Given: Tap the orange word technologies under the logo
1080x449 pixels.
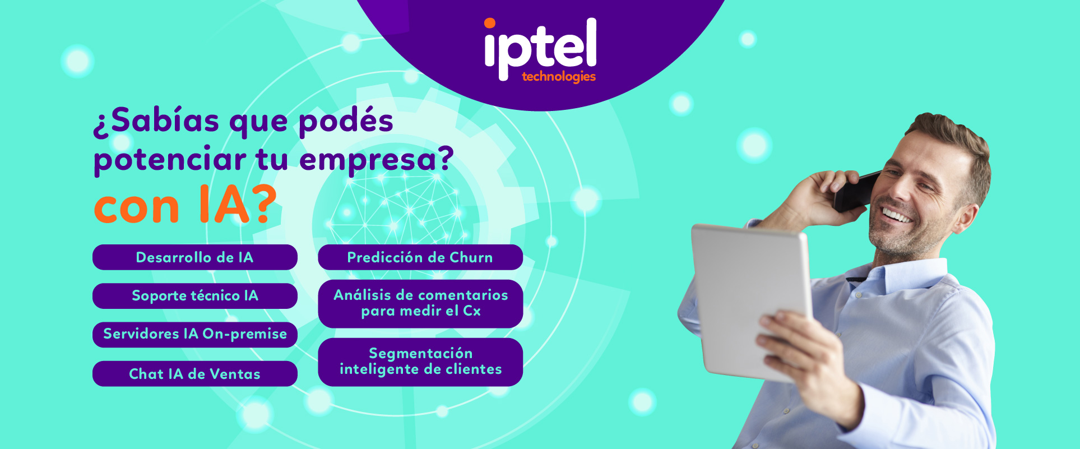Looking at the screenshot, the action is pos(559,76).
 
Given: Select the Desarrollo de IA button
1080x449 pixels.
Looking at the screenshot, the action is pos(195,257).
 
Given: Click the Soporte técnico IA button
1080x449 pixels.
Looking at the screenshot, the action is pos(195,296).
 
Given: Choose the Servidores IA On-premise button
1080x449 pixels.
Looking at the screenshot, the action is pos(195,335).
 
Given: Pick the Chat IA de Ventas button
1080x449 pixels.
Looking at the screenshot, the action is pos(195,374).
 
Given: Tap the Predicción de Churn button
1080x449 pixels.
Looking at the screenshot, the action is pos(420,257).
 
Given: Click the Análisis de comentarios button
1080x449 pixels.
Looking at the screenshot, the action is pos(420,303).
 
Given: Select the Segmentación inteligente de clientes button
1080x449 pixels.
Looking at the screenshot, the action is pos(420,362).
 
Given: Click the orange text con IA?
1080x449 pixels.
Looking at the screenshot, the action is pos(186,205).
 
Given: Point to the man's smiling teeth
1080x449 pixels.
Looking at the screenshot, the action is pos(895,215).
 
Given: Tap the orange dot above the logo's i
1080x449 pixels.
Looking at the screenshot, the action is pos(490,23).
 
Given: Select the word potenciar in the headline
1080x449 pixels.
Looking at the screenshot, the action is pos(170,160).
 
